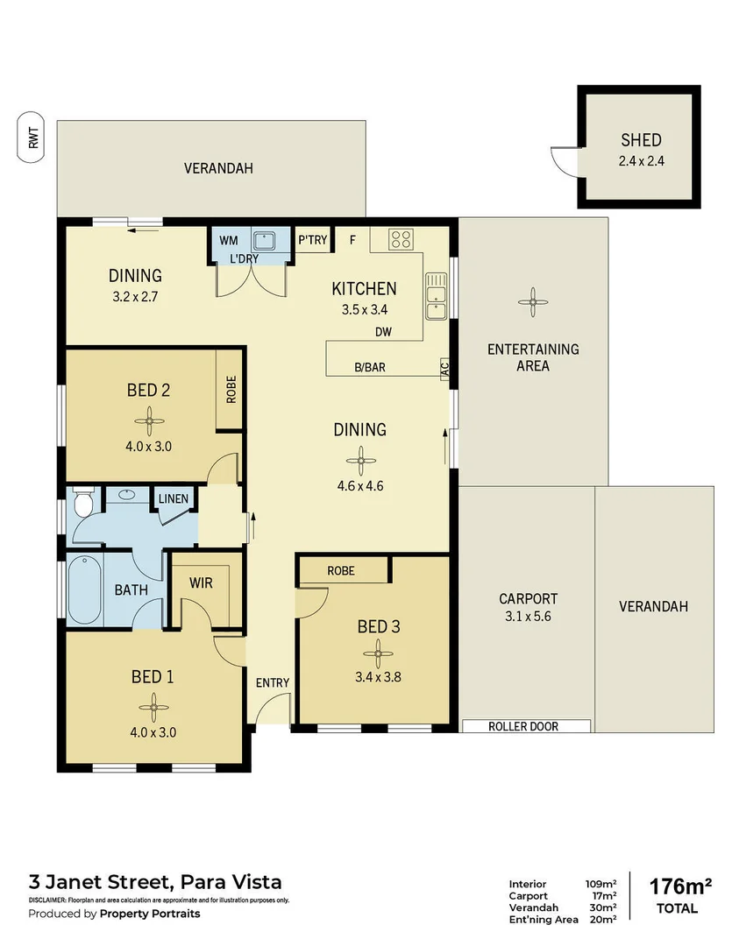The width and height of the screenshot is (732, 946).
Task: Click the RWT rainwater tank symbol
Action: pyautogui.click(x=33, y=138)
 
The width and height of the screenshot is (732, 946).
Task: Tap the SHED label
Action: pyautogui.click(x=640, y=139)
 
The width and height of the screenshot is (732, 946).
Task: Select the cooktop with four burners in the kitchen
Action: pyautogui.click(x=401, y=239)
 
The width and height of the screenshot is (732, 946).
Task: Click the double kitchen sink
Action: pyautogui.click(x=436, y=295)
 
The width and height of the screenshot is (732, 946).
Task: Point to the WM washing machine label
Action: pyautogui.click(x=228, y=239)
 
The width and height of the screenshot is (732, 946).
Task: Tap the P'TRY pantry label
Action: pyautogui.click(x=312, y=239)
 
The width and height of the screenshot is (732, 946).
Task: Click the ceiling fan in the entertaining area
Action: pyautogui.click(x=532, y=302)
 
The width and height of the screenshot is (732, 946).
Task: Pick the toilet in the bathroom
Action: pyautogui.click(x=83, y=505)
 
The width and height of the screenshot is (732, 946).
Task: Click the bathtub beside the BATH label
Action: pyautogui.click(x=85, y=589)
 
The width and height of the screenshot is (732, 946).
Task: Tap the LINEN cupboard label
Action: pyautogui.click(x=174, y=498)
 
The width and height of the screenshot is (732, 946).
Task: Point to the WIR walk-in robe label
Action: pyautogui.click(x=202, y=582)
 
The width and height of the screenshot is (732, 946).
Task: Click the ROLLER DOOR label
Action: pyautogui.click(x=523, y=726)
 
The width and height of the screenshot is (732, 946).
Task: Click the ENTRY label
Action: pyautogui.click(x=273, y=683)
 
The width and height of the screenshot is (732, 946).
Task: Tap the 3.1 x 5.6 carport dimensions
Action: pyautogui.click(x=528, y=617)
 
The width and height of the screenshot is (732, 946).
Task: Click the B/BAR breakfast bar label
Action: pyautogui.click(x=369, y=367)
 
